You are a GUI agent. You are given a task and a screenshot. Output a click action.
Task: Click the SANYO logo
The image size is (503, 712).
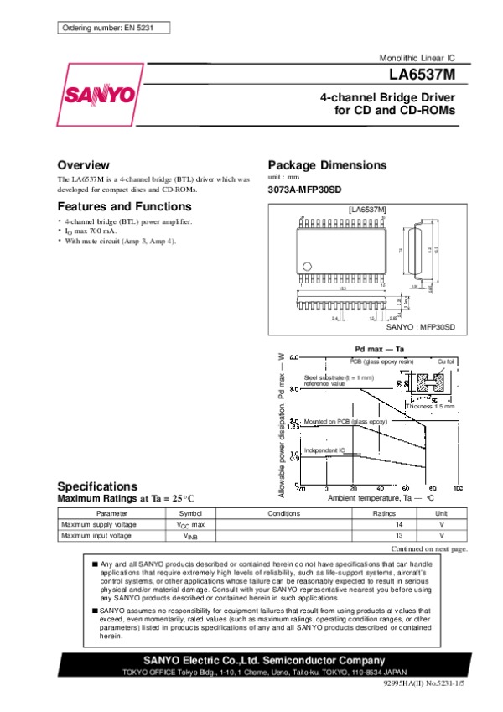pos(96,94)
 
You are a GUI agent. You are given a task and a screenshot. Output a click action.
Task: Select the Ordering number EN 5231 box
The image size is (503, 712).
pos(110,29)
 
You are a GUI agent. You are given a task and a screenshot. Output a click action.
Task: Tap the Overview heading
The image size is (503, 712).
pos(83,164)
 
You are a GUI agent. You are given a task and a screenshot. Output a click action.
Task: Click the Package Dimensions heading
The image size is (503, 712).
pos(326,164)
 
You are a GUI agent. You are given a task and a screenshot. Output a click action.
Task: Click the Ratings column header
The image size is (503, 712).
pos(384,512)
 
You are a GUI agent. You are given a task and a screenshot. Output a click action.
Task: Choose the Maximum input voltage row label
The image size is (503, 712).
pos(96,535)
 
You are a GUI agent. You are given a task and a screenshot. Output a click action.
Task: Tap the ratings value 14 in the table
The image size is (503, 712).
pos(401,523)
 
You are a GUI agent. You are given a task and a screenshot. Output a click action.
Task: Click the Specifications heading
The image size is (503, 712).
pos(96,486)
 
